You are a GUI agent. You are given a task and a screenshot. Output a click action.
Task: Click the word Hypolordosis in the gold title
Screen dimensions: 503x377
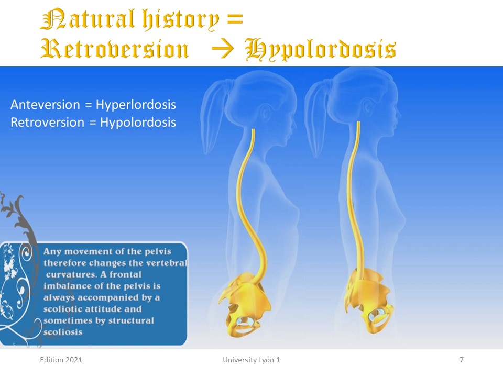(321, 49)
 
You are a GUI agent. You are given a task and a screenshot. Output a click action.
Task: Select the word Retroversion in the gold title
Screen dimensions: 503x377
(115, 49)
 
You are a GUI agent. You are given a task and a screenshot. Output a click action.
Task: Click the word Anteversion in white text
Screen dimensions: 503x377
(45, 105)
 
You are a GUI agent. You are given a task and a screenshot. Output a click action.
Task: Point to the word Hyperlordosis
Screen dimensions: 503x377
(136, 105)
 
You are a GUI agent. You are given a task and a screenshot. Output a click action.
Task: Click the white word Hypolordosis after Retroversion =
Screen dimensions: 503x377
(138, 123)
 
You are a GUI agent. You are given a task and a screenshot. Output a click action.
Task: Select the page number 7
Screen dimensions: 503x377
(462, 360)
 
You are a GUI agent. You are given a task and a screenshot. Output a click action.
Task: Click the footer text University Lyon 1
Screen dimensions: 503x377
(251, 360)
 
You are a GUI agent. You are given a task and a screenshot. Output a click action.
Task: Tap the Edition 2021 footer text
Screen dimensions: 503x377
(61, 360)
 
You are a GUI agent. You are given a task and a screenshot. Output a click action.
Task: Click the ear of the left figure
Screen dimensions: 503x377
(267, 113)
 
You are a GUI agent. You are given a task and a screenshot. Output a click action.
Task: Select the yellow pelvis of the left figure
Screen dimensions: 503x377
(243, 305)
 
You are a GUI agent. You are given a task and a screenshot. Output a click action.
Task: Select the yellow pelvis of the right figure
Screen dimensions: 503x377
(368, 302)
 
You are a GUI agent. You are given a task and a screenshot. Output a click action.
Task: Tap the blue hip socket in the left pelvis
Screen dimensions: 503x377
(245, 321)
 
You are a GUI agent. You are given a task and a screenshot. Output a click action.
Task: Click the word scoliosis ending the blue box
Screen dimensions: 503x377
(63, 332)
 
